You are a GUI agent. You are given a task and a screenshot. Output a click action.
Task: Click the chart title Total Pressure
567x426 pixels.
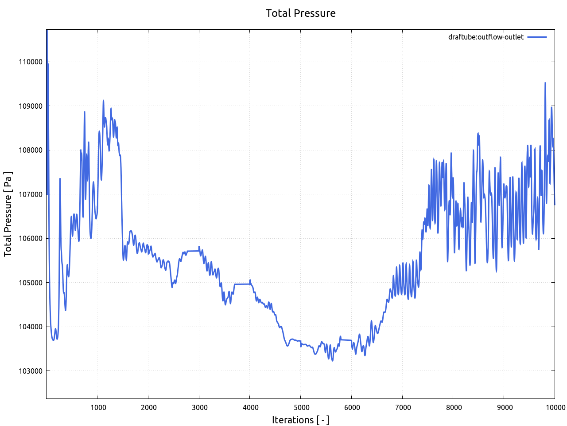[x=300, y=13]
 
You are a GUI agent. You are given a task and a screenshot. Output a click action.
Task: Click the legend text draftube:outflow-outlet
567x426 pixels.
[x=485, y=37]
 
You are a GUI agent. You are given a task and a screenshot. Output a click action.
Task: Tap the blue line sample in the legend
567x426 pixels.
[x=537, y=37]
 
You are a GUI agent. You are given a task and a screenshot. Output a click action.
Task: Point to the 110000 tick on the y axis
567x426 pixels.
[x=31, y=62]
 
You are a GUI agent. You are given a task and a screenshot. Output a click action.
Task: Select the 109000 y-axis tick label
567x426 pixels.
[x=31, y=106]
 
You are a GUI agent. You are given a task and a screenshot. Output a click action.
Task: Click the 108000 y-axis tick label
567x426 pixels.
[x=31, y=150]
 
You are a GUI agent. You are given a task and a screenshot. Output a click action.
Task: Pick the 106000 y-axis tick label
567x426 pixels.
[x=31, y=238]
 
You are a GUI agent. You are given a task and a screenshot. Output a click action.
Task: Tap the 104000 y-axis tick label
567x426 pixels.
[x=31, y=327]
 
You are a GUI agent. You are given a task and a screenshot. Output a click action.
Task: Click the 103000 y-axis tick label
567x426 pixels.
[x=31, y=371]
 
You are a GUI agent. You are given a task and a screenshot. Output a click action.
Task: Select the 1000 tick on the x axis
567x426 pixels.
[x=97, y=407]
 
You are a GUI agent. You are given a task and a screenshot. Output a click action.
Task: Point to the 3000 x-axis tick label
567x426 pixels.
[x=199, y=407]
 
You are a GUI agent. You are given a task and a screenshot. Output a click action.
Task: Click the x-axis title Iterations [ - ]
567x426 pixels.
[x=300, y=420]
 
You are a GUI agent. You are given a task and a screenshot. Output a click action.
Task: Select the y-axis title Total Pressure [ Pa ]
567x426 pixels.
[x=8, y=214]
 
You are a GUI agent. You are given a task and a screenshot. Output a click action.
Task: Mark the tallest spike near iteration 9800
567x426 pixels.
[x=545, y=83]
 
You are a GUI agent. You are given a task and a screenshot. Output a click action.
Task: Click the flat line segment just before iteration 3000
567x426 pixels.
[x=193, y=251]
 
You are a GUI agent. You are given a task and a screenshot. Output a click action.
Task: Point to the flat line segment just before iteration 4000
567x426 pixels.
[x=242, y=284]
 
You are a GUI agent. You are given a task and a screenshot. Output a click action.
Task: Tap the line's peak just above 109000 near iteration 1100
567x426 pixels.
[x=103, y=100]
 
